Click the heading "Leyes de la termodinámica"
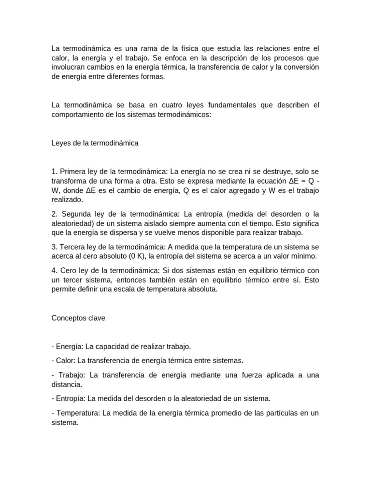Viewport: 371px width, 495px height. point(95,143)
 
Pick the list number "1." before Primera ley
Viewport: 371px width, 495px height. point(54,172)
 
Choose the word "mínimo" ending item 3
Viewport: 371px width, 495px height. point(303,256)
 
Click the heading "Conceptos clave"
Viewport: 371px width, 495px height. point(78,318)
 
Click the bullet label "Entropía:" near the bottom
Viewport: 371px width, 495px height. point(71,399)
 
